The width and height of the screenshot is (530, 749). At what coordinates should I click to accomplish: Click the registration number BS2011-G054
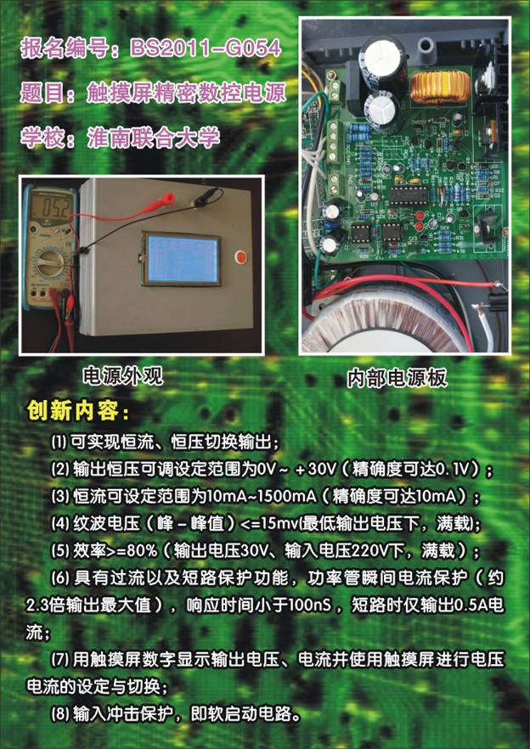tap(206, 48)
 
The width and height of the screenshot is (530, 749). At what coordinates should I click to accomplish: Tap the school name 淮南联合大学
tap(154, 137)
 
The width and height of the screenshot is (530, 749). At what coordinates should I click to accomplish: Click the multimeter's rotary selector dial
tap(49, 262)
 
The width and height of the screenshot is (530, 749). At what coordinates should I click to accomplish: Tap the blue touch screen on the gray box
tap(182, 258)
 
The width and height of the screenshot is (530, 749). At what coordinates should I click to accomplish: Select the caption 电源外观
tap(123, 377)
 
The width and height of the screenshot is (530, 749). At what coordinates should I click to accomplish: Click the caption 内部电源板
tap(397, 379)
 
